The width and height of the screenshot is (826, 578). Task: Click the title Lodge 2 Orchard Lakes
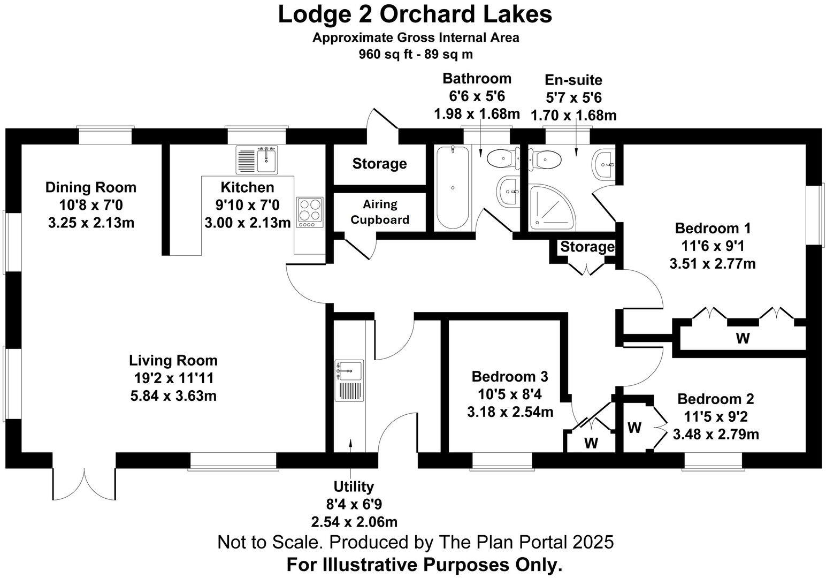pyautogui.click(x=415, y=14)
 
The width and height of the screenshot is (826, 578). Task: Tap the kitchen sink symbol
pyautogui.click(x=257, y=159)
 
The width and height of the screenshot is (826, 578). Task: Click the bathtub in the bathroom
pyautogui.click(x=453, y=187)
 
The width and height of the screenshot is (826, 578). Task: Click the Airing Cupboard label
pyautogui.click(x=380, y=212)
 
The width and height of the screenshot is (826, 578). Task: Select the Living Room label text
pyautogui.click(x=173, y=360)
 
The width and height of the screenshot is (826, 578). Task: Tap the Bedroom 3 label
pyautogui.click(x=509, y=377)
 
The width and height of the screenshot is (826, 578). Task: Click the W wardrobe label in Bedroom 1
pyautogui.click(x=743, y=338)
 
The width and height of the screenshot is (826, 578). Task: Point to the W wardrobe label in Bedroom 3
pyautogui.click(x=591, y=443)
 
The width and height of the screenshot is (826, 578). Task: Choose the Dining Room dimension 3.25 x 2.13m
pyautogui.click(x=91, y=223)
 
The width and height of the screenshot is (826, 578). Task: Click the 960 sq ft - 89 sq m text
pyautogui.click(x=416, y=54)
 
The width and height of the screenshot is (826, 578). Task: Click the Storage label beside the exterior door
pyautogui.click(x=379, y=164)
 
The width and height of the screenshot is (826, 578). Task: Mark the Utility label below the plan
pyautogui.click(x=353, y=486)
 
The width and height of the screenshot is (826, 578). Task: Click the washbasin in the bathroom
pyautogui.click(x=509, y=191)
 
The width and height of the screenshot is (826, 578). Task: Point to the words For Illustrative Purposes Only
pyautogui.click(x=425, y=565)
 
